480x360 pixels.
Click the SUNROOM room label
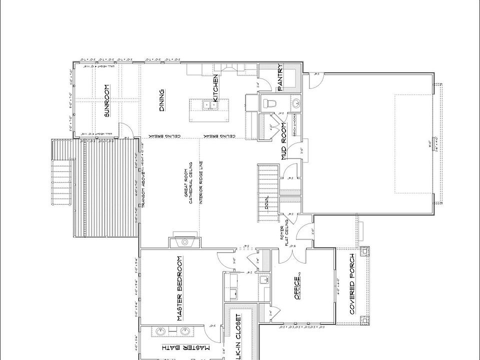pos(106,100)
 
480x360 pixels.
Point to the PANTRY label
pos(280,77)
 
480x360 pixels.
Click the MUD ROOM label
pos(283,140)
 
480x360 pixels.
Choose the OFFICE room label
pos(296,289)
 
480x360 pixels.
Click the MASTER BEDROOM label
pos(179,288)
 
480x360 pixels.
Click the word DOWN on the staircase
pos(267,204)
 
